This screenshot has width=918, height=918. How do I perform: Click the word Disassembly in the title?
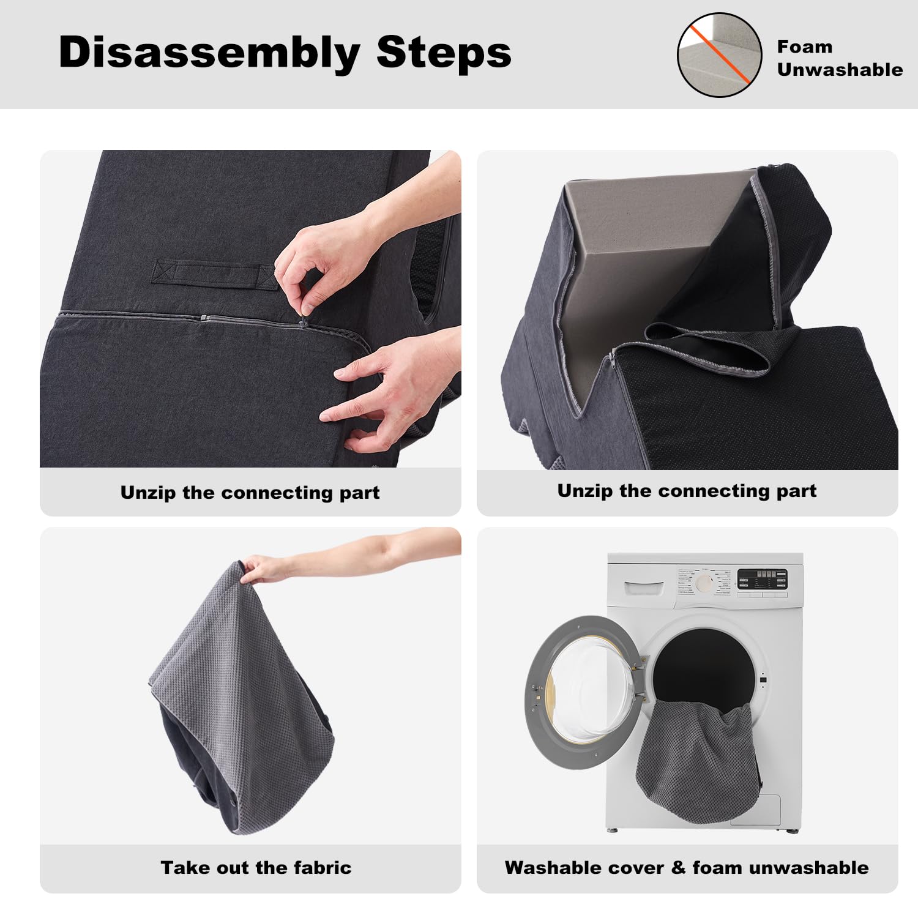point(209,53)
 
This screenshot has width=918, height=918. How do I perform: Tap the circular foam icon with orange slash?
point(719,55)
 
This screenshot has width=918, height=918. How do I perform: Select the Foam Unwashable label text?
point(839,58)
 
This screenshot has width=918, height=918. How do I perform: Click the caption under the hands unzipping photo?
point(250,493)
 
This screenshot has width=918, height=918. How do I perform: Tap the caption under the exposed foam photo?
point(687,491)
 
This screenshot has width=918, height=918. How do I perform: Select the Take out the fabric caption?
point(256,868)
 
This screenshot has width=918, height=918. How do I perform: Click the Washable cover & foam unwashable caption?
point(687,868)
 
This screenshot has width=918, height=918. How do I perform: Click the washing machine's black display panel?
point(762,579)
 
